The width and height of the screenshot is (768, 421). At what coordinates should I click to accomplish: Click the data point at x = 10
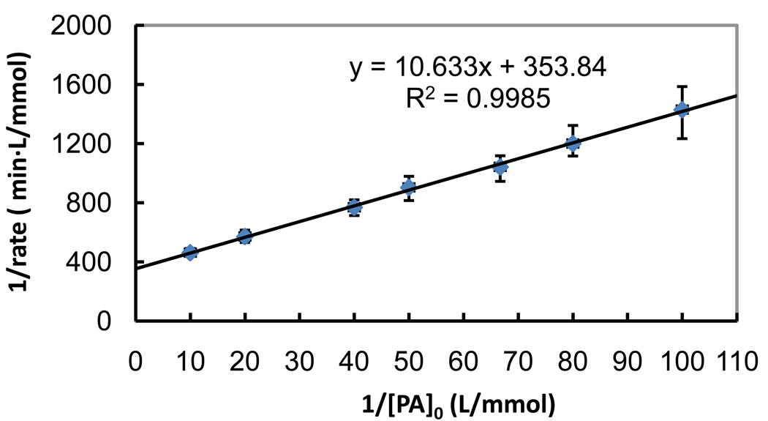[190, 253]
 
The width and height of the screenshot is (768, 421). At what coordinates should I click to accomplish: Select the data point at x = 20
[245, 236]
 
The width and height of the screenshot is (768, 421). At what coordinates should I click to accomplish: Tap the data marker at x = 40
[354, 207]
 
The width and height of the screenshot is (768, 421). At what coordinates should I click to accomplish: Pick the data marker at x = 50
[409, 188]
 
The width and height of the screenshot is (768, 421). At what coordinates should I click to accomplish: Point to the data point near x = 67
[500, 167]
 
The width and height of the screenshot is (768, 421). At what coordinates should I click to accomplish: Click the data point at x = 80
[573, 143]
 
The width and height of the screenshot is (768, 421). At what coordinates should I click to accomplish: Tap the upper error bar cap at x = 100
[682, 86]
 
